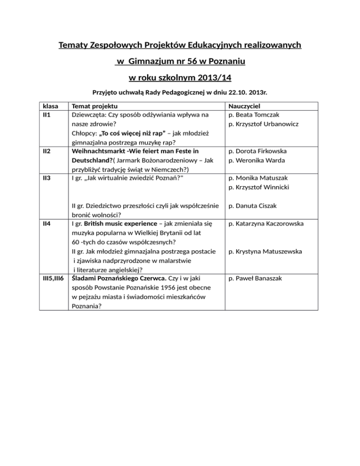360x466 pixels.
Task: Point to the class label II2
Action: click(46, 151)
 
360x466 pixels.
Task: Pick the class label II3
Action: click(46, 178)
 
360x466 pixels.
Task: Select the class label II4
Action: click(46, 224)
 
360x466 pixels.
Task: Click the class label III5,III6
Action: click(54, 278)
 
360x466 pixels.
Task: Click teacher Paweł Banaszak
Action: click(261, 278)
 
